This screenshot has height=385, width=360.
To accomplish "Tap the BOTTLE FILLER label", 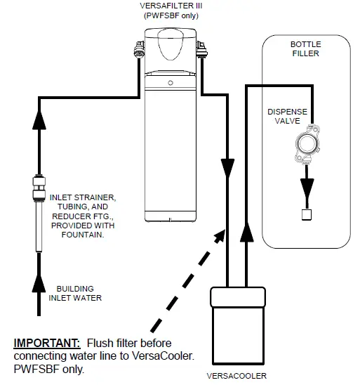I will tap(306, 50).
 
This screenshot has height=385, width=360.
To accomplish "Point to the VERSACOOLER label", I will tap(242, 375).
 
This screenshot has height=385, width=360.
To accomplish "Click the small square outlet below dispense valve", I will tap(307, 214).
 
